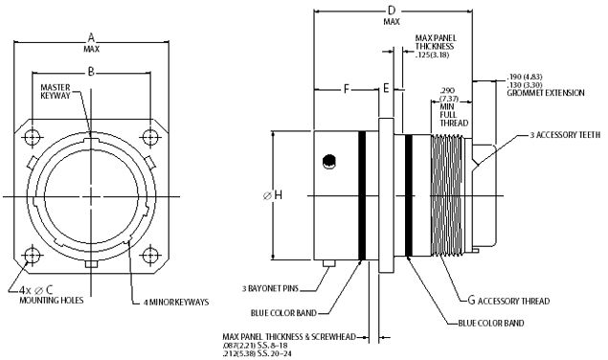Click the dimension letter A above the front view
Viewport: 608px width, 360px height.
click(91, 37)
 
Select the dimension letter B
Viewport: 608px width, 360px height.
click(91, 72)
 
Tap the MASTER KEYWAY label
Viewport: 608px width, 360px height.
click(56, 92)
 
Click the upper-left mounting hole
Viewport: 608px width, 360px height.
click(33, 137)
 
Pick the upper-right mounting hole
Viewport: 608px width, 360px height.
click(150, 137)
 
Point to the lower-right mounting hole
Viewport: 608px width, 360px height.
click(150, 256)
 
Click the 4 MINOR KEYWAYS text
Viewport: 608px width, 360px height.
click(175, 302)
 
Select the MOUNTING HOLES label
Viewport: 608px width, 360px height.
click(52, 300)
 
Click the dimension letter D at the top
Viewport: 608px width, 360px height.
click(392, 11)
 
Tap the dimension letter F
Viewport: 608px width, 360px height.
click(347, 89)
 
